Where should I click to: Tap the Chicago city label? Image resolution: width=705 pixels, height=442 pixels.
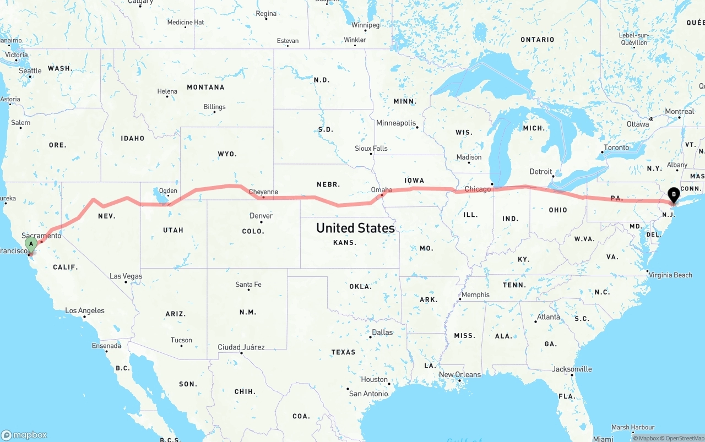click(477, 189)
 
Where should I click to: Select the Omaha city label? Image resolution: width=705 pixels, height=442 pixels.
click(382, 190)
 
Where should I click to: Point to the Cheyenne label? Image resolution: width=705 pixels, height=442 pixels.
click(263, 192)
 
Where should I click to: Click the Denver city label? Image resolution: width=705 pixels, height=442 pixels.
click(261, 216)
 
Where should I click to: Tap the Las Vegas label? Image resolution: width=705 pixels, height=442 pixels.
click(126, 276)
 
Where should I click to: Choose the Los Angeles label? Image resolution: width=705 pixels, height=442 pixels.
click(84, 311)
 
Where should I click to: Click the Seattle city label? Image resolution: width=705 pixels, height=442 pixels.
click(30, 71)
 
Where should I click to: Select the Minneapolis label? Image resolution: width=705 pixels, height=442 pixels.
click(396, 123)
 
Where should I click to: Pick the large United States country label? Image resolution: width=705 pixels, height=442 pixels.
click(355, 228)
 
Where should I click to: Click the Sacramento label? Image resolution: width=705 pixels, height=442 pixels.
click(42, 236)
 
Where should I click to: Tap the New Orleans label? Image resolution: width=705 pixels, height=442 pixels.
click(459, 375)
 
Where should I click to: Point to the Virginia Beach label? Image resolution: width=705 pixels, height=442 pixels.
click(670, 275)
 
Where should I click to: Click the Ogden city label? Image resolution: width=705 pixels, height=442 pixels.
click(168, 191)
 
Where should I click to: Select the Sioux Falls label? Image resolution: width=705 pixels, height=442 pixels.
click(371, 149)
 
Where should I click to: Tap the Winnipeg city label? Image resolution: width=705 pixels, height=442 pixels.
click(365, 25)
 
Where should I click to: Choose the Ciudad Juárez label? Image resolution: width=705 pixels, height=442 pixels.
click(241, 347)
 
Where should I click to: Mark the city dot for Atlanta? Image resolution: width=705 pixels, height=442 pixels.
click(535, 321)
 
